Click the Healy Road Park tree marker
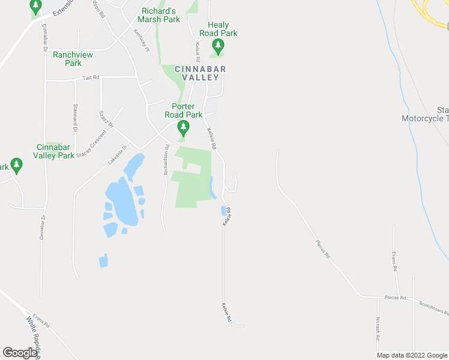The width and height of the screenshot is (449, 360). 218,45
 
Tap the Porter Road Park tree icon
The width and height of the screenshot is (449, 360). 184,127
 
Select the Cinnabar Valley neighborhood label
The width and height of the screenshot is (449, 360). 200,73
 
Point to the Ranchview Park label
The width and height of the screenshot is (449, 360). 73,59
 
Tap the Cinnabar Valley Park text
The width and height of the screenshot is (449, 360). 55,151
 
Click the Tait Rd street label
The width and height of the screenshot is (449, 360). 91,77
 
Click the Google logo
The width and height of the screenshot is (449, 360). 20,353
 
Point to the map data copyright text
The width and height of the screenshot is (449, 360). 412,355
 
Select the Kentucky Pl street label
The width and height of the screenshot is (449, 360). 142,42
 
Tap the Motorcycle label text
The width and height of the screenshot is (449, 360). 425,118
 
